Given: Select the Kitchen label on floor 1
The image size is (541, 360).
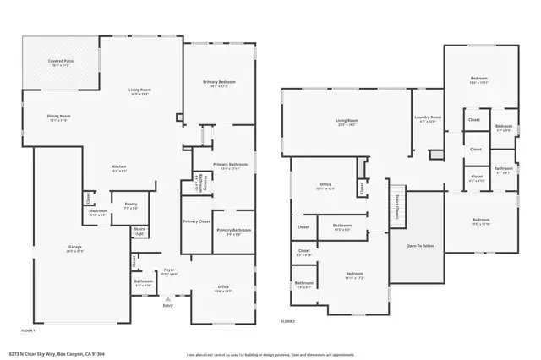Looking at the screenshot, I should (119, 168).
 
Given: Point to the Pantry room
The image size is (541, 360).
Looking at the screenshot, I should (130, 205).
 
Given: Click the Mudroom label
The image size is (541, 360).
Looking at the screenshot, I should (98, 212).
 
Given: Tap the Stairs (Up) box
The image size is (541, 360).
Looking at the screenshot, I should (140, 231).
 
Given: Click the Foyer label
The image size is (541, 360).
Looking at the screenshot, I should (168, 271).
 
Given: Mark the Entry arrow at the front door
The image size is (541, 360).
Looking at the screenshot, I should (169, 297).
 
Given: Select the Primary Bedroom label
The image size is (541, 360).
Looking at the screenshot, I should (219, 84).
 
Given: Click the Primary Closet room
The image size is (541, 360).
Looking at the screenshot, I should (196, 222).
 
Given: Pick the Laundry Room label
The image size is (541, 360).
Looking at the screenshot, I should (427, 118).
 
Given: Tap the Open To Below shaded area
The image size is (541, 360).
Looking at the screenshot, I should (420, 247).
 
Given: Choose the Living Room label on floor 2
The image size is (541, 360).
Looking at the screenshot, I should (347, 122).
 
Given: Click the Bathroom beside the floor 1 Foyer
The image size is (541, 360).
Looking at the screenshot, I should (143, 283).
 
